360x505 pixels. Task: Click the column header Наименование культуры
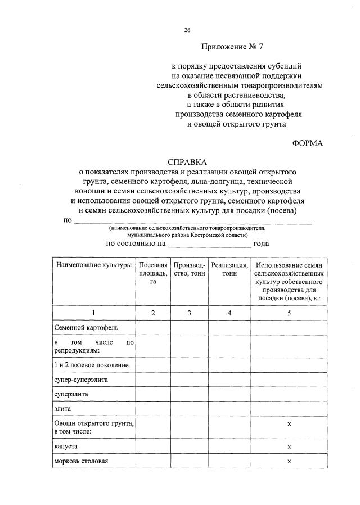tap(93, 264)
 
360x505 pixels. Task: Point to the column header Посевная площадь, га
tap(152, 273)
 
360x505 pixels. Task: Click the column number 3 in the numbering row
tap(190, 313)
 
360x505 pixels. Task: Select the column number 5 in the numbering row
tap(289, 313)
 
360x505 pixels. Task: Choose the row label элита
tap(62, 409)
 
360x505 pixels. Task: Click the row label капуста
tap(66, 445)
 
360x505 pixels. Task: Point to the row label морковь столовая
tap(81, 461)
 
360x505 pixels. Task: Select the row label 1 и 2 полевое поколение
tap(92, 365)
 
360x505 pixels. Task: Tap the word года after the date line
tap(261, 244)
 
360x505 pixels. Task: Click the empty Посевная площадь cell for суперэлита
tap(152, 395)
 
